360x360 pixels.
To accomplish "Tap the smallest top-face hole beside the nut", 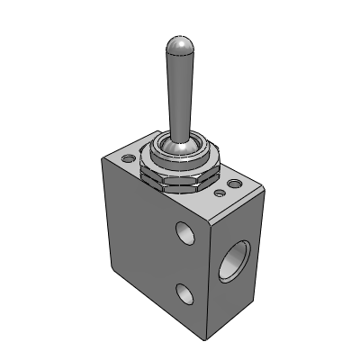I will click(220, 192).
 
